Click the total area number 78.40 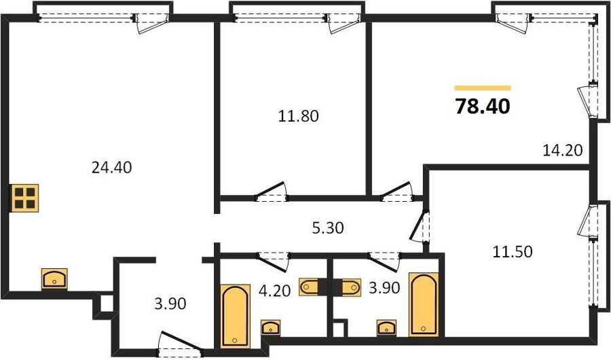(483, 106)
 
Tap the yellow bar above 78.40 (483, 88)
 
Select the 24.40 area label (111, 167)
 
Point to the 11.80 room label (298, 116)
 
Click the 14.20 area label (563, 149)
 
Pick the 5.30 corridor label (328, 228)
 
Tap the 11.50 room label (513, 251)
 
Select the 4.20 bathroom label (275, 291)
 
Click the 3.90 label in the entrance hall (170, 304)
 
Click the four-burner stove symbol (25, 198)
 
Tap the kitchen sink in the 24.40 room (54, 279)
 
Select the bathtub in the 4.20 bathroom (235, 316)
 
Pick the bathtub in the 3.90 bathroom (424, 304)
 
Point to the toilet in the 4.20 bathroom (309, 287)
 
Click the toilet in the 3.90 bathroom (352, 287)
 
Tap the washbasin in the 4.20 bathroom (270, 327)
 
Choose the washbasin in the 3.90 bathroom (386, 327)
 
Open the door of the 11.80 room (272, 192)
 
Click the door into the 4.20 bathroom (273, 262)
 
